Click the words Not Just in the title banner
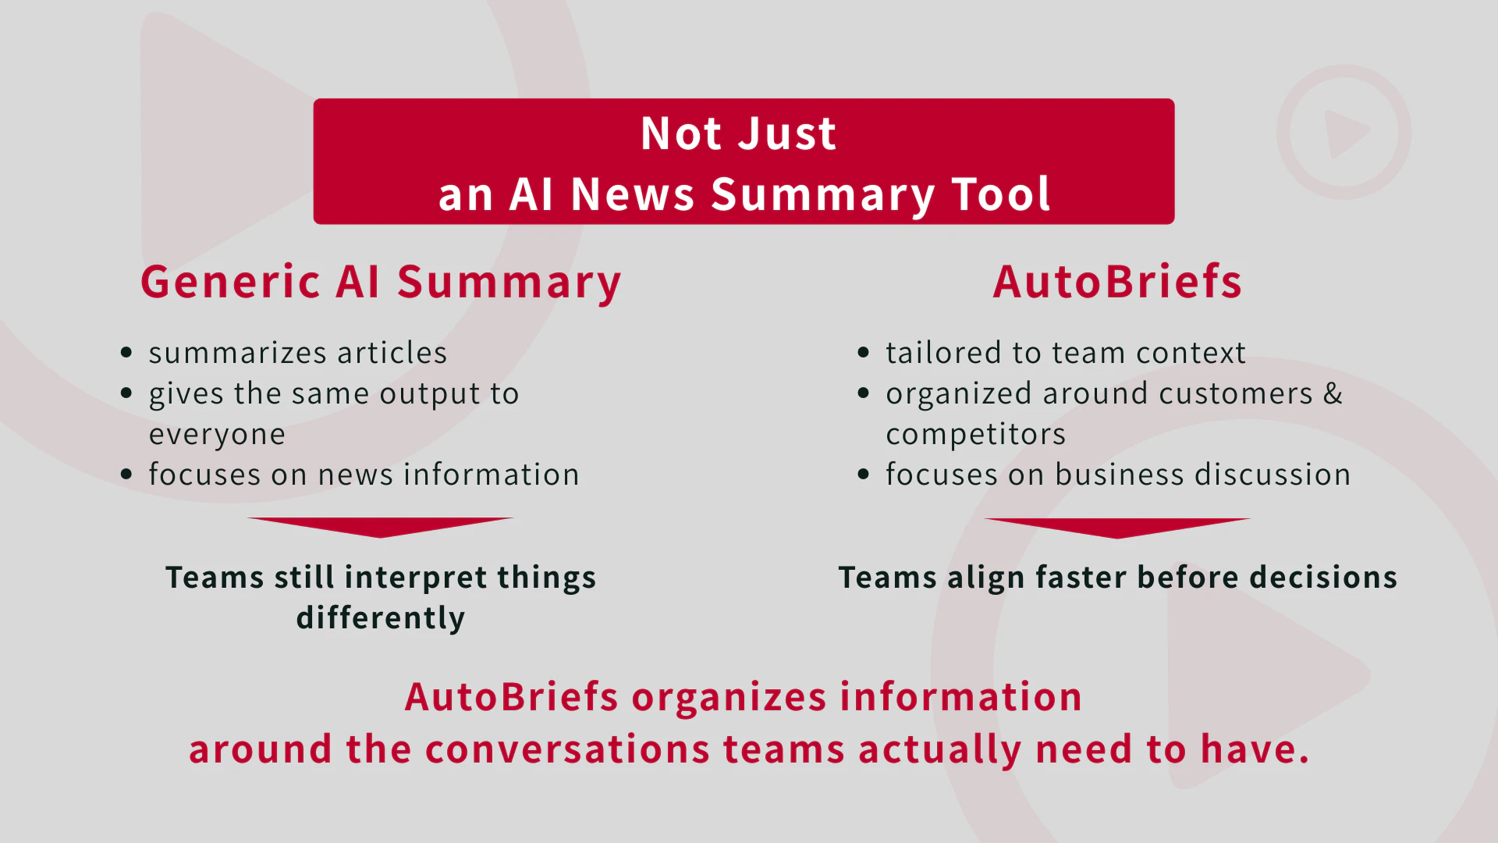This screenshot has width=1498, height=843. point(738,133)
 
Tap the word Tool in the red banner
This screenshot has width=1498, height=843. point(1001,194)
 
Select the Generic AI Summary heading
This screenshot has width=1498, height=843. point(381,283)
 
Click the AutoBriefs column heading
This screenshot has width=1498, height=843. point(1117,282)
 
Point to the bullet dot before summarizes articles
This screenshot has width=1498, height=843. point(126,353)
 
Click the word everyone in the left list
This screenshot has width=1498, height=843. point(217,435)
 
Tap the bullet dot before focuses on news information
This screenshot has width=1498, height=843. point(126,474)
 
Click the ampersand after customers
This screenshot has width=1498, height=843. point(1333,393)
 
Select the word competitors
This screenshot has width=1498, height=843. point(975,435)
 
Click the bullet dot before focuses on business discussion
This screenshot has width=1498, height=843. point(863,474)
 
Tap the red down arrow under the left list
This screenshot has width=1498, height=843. point(381,527)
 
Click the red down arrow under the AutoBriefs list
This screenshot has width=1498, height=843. point(1117,528)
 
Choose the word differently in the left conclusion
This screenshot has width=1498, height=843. point(381,618)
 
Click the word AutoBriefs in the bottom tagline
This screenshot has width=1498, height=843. point(512,697)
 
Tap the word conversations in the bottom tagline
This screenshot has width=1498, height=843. point(568,749)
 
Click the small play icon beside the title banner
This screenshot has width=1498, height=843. point(1344,132)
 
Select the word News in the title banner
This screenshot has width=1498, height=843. point(633,194)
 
